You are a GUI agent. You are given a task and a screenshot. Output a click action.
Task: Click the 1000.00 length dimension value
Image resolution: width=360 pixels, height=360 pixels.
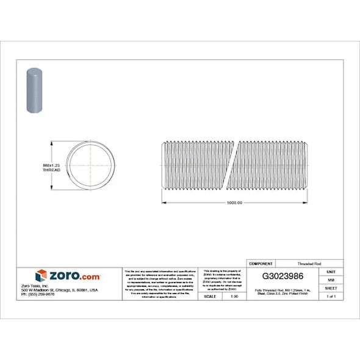[234, 203]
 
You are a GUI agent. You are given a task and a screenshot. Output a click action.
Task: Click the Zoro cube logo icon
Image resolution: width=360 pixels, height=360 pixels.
[41, 276]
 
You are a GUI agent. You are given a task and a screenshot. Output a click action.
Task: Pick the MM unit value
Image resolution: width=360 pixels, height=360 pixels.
[331, 279]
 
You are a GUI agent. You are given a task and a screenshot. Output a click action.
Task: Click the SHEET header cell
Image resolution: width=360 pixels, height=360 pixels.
[331, 288]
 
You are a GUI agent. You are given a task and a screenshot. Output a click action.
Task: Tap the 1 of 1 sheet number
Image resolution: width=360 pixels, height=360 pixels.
[331, 297]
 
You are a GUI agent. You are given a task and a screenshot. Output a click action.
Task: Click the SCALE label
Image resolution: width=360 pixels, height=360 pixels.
[209, 297]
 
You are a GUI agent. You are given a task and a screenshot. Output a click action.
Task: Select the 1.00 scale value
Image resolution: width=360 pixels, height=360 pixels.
[234, 297]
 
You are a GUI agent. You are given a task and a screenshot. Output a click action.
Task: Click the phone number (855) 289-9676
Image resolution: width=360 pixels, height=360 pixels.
[38, 295]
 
